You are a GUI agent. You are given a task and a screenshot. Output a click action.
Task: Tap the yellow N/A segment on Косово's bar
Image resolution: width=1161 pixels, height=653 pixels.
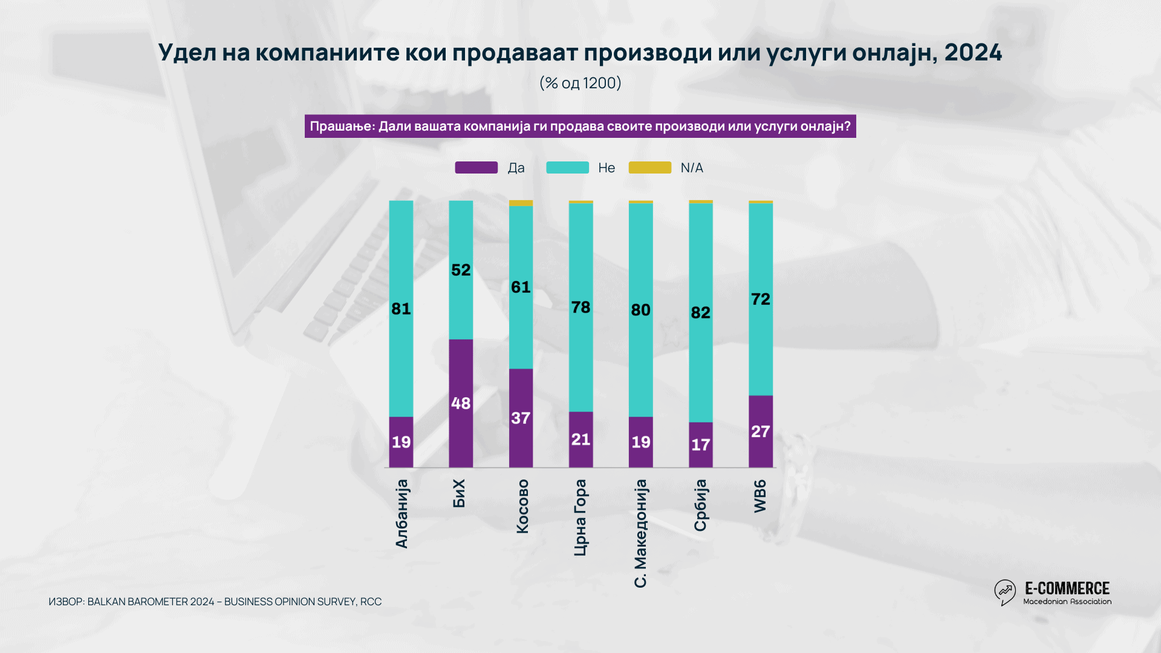521,203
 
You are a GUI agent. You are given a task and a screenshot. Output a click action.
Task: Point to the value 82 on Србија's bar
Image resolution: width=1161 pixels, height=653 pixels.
700,313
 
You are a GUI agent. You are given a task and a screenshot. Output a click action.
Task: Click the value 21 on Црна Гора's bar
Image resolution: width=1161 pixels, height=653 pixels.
580,440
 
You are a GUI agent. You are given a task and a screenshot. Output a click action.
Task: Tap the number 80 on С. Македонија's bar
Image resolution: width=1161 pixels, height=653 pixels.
640,310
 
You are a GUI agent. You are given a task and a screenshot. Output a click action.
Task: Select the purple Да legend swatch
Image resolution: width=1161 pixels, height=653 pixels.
476,167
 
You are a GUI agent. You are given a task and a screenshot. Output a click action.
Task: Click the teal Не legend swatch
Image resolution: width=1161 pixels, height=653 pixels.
567,167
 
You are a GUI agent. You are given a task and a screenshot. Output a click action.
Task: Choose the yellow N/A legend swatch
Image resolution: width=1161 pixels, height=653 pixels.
649,167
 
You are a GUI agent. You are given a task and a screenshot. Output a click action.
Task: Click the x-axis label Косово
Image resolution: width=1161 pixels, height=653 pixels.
522,507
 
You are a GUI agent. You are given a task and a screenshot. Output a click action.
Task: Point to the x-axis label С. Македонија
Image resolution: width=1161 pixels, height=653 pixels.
640,533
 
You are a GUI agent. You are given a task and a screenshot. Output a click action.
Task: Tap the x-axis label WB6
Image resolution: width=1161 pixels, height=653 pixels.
760,496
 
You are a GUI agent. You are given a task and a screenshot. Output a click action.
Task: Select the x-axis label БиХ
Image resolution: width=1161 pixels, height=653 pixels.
460,493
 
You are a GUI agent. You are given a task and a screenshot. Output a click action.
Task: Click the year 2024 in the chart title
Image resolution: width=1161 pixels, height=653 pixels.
973,53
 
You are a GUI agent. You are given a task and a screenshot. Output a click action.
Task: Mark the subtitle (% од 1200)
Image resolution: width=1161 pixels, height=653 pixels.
580,83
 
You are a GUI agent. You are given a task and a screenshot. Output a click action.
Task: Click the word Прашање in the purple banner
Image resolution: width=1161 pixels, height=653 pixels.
342,126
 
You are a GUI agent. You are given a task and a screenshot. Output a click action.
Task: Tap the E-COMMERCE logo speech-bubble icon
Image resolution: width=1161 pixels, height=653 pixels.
1005,592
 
